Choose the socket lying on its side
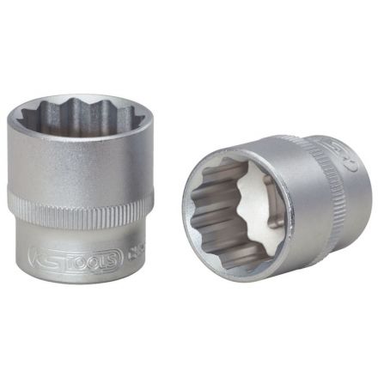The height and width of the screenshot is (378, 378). (275, 206)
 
